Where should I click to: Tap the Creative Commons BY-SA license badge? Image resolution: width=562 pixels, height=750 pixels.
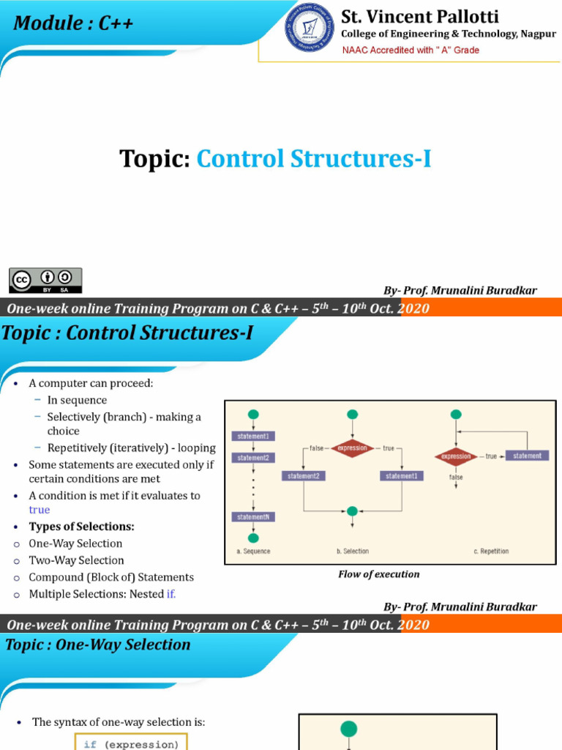tap(45, 280)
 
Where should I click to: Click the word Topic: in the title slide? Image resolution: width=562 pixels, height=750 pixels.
tap(155, 158)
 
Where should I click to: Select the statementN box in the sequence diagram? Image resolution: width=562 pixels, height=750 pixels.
tap(253, 517)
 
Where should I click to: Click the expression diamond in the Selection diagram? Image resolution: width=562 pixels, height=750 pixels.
tap(353, 448)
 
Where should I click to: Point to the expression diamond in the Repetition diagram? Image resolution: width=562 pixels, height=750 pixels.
tap(456, 456)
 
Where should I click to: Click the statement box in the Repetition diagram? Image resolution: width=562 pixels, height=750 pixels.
tap(527, 456)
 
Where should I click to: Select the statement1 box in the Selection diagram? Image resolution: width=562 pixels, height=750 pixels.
tap(401, 476)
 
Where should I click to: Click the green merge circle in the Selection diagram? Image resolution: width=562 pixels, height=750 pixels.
tap(352, 510)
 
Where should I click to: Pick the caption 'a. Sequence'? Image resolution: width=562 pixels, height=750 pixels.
tap(253, 552)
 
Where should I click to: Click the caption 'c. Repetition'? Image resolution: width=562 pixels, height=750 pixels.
tap(491, 552)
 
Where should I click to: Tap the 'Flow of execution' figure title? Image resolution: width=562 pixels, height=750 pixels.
tap(378, 574)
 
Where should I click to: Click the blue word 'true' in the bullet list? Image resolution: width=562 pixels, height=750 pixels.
tap(40, 510)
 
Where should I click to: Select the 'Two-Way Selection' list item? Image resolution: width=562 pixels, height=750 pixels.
tap(76, 560)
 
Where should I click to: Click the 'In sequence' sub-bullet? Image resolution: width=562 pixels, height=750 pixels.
tap(77, 400)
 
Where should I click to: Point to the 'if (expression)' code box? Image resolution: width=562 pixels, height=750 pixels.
tap(131, 744)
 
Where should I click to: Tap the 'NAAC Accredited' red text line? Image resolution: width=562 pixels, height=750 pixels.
tap(411, 50)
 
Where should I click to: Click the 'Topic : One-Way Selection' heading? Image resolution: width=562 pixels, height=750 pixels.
tap(97, 645)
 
